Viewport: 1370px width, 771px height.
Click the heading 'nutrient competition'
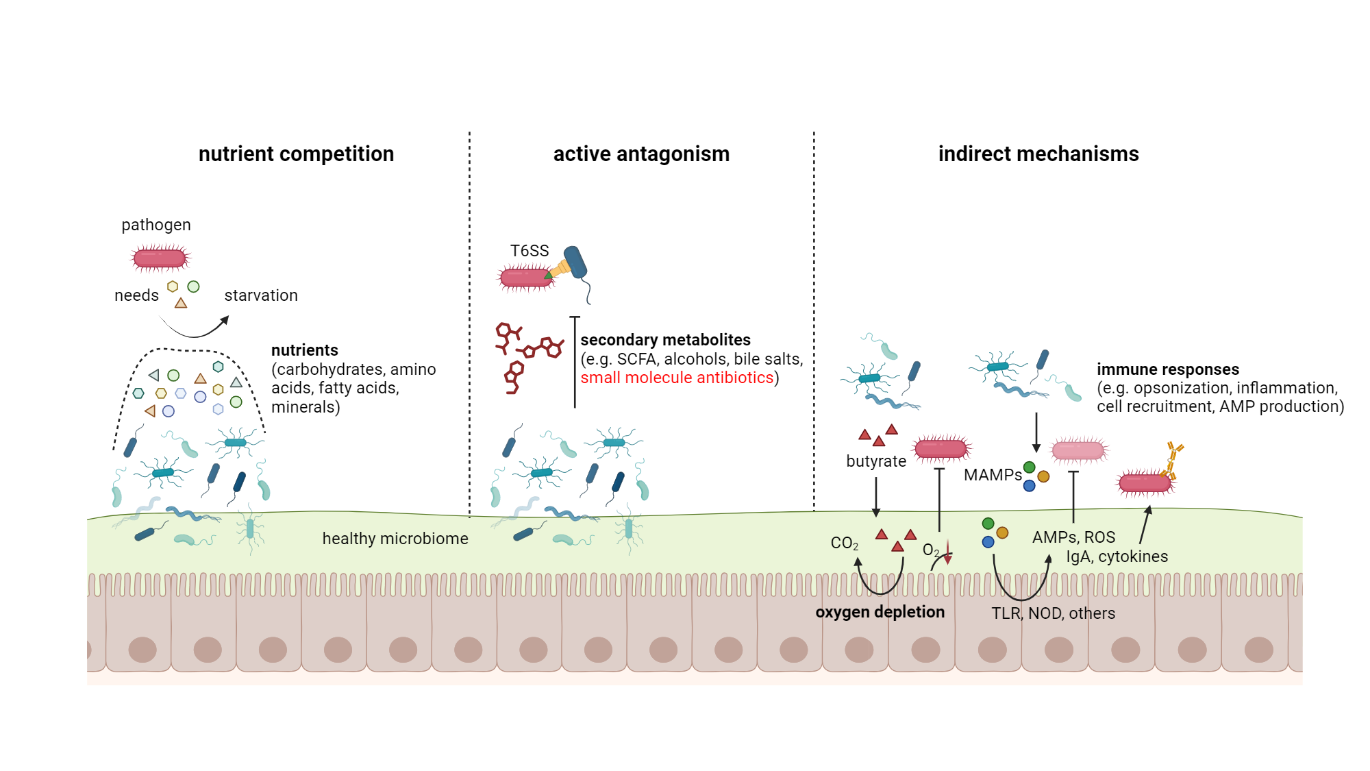(296, 154)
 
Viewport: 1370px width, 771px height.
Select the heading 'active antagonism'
(641, 154)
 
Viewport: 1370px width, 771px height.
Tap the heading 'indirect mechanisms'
(1038, 154)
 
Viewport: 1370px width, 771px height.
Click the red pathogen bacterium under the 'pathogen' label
(160, 258)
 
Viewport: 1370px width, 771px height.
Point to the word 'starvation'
(261, 295)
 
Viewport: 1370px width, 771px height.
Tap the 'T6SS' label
(529, 251)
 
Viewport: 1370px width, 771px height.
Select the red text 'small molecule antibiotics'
(677, 378)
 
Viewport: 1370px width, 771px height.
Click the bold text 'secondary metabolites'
(665, 340)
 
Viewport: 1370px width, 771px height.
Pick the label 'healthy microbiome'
(395, 539)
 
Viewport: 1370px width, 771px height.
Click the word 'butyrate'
(875, 461)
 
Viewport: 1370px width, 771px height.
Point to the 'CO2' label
(844, 543)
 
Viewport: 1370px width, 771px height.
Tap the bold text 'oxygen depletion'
(880, 612)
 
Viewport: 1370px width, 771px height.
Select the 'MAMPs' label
(992, 475)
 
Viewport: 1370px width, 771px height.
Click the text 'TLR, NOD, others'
(1053, 613)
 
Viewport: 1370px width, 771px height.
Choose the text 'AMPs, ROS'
(1073, 537)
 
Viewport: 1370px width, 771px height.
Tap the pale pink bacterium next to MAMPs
(1078, 450)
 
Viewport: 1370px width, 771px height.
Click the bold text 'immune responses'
(1167, 369)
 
